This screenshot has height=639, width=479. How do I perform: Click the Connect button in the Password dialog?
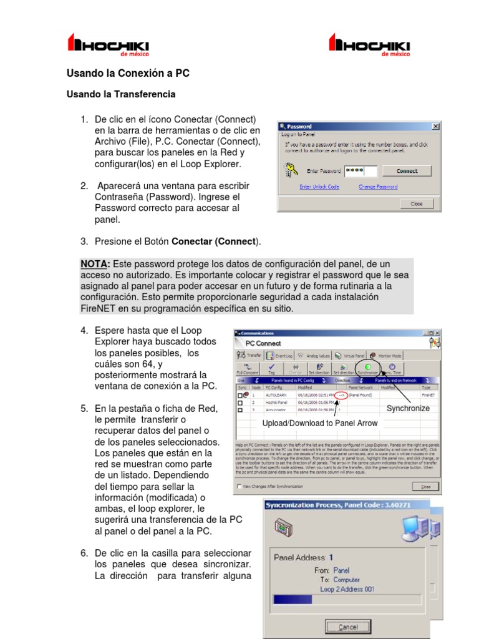407,171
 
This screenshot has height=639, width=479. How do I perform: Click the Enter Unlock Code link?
319,187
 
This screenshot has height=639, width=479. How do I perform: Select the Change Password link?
378,187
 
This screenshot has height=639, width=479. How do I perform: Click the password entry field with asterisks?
360,171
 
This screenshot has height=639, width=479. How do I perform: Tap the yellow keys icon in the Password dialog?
291,170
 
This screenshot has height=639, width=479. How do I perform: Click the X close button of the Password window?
435,126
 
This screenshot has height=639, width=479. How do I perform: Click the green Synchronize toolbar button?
367,369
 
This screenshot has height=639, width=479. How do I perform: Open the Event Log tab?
279,355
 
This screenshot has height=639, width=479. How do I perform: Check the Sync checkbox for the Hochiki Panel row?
240,403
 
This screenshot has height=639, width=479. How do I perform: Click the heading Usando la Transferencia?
121,94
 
